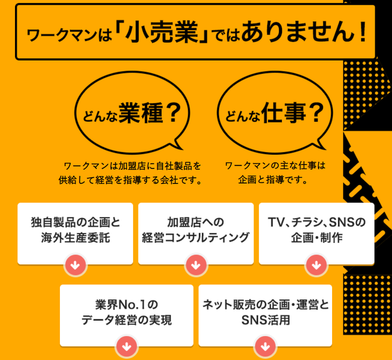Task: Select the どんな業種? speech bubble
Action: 133,113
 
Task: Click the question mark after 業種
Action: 174,113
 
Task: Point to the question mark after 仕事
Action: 315,113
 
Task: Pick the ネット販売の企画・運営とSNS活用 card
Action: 265,312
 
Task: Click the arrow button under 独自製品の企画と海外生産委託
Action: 76,265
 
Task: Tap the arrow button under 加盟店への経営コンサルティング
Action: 196,265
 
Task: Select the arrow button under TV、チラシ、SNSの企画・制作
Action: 316,265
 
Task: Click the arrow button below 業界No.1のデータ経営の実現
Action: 126,347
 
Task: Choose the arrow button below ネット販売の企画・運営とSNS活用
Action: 265,347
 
